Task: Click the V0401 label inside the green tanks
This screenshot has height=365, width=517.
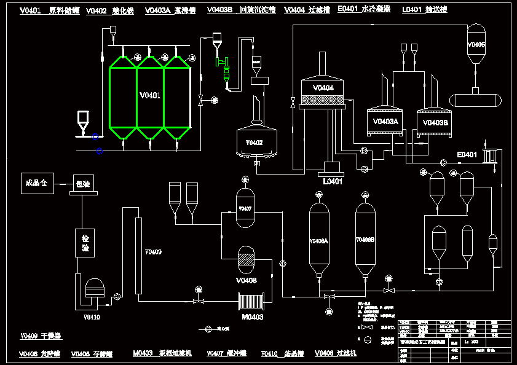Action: pos(150,95)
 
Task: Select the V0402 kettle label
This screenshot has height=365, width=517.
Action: pos(254,143)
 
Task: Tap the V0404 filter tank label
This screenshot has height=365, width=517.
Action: pos(323,88)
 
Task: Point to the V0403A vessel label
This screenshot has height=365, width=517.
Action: pos(385,122)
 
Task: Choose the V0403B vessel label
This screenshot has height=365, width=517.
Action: pos(435,122)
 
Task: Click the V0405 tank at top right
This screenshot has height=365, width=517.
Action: pos(476,44)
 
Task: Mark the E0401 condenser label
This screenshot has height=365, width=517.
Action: pos(467,154)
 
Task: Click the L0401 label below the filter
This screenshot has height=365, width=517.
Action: pos(333,181)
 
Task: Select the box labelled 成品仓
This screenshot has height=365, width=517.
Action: pos(37,182)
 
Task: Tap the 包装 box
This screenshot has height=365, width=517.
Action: pos(82,183)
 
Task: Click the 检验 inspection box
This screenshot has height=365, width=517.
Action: pos(85,243)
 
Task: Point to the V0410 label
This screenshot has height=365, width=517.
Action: pos(92,317)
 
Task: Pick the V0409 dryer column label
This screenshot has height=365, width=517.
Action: pos(153,251)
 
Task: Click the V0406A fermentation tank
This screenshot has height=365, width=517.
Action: pos(318,240)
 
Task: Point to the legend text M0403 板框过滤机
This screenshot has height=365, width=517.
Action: pos(162,353)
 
